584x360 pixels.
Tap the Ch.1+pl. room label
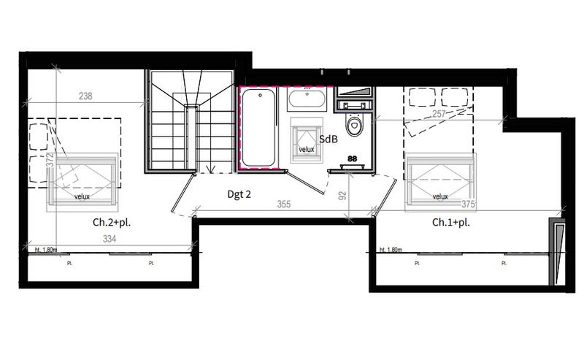pyautogui.click(x=450, y=222)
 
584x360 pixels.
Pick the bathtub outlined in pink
pyautogui.click(x=258, y=127)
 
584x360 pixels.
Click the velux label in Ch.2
pyautogui.click(x=82, y=196)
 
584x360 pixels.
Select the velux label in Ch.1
pyautogui.click(x=439, y=196)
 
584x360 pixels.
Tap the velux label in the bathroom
pyautogui.click(x=307, y=150)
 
